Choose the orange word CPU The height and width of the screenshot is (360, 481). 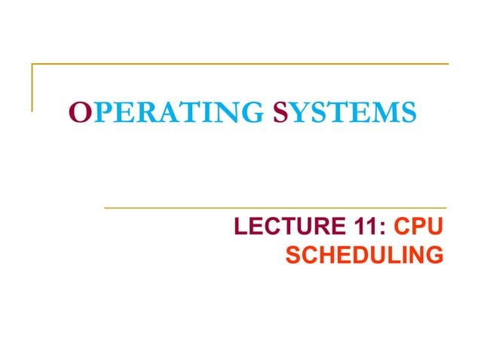click(418, 227)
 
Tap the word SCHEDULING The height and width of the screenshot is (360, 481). click(364, 256)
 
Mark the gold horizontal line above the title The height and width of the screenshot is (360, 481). click(241, 64)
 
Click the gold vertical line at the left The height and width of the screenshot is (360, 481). click(32, 87)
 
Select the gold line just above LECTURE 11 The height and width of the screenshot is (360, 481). click(275, 207)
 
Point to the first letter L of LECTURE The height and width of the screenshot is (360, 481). click(242, 227)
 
